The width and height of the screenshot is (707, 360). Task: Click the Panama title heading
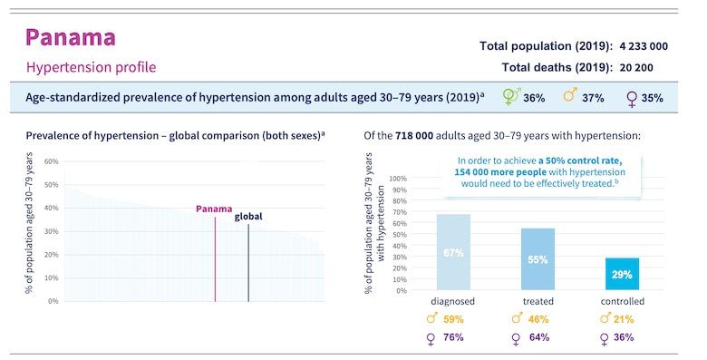click(71, 37)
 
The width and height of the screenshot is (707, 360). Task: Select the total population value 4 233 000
click(644, 45)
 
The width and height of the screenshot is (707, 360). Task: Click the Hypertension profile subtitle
click(91, 67)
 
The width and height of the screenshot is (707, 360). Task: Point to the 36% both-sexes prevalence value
click(534, 97)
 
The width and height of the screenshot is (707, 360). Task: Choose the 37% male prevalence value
click(593, 97)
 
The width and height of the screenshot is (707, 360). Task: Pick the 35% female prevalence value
click(652, 97)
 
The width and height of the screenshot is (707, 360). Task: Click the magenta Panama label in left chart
click(214, 209)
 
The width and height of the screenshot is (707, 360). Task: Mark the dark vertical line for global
click(248, 263)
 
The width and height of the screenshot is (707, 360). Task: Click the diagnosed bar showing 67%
click(453, 253)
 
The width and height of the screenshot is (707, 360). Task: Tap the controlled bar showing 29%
click(622, 274)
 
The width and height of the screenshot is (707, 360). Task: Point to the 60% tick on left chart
click(52, 161)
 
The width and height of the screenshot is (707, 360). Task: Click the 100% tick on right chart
click(397, 178)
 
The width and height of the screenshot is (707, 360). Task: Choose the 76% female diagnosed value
click(453, 337)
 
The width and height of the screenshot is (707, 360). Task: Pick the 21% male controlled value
click(622, 319)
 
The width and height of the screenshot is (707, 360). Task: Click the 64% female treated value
click(538, 337)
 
